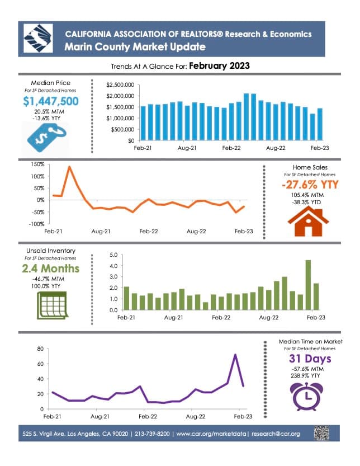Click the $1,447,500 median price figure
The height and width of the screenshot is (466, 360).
coord(51,101)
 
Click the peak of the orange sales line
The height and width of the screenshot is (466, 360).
coord(69,167)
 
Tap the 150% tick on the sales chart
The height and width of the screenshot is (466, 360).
coord(37,164)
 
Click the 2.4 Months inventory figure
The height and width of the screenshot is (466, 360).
coord(51,269)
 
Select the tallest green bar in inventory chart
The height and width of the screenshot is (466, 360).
coord(308,285)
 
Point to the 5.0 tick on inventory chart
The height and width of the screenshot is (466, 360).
coord(113,255)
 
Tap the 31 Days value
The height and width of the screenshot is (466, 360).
coord(310,359)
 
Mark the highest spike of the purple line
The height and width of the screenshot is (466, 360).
coord(235,355)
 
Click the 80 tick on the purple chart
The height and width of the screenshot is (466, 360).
coord(40,349)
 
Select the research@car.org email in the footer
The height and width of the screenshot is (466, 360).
coord(276,434)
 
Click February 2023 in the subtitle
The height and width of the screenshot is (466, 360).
coord(219,65)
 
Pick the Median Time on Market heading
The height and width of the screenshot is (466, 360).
coord(310,341)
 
